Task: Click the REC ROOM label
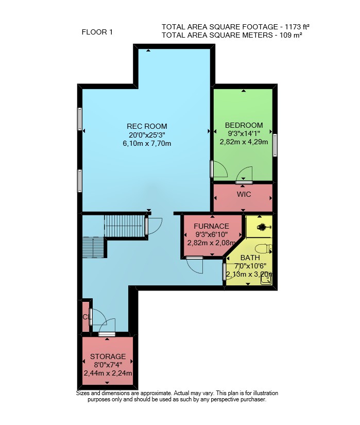click(x=147, y=126)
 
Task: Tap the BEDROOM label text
click(x=244, y=125)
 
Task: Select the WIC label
click(x=244, y=194)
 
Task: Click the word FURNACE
click(x=211, y=226)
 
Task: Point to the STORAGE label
click(x=108, y=356)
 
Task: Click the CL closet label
click(x=87, y=317)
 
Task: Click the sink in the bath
click(x=266, y=281)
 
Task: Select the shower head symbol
click(x=263, y=227)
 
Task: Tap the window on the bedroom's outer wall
click(x=275, y=145)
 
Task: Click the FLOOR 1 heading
click(x=97, y=32)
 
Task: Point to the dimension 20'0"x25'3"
click(x=147, y=134)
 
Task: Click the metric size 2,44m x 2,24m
click(x=108, y=373)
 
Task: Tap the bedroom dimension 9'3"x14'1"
click(x=244, y=133)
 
